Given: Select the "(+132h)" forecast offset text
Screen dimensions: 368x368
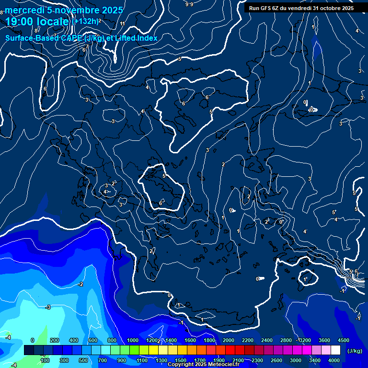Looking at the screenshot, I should tap(85, 21).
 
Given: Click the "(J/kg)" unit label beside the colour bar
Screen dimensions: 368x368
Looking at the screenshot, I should tap(354, 351).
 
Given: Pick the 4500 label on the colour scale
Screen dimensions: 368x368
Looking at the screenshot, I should tap(343, 340).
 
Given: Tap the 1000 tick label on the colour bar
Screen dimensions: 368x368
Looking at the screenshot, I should tap(133, 340).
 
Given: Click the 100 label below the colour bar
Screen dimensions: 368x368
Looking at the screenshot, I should tap(45, 360).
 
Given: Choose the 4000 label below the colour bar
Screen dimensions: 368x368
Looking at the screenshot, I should tap(334, 360).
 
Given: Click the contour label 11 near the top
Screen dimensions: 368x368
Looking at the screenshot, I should tap(123, 23).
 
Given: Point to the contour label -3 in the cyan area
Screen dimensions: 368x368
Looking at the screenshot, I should tap(48, 307).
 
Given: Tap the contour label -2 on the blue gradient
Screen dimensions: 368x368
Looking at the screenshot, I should tap(80, 285).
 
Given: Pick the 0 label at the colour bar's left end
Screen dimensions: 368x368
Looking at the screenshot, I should tap(33, 340).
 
